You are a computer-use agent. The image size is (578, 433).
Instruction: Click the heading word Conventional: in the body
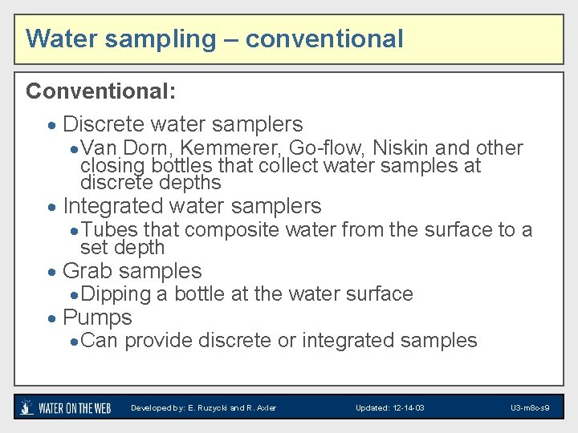[x=100, y=91]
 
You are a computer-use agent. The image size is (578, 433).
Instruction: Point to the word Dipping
[x=116, y=294]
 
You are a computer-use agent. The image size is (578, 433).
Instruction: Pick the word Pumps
[x=97, y=318]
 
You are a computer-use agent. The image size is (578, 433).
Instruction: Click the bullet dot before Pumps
[x=52, y=319]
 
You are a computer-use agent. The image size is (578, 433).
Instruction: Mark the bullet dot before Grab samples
[x=52, y=273]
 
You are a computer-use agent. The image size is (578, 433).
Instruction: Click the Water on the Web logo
[x=65, y=407]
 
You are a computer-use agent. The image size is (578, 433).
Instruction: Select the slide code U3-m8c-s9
[x=530, y=408]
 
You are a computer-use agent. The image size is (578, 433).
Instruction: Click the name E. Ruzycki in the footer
[x=210, y=408]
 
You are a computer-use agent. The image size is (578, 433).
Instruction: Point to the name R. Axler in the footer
[x=262, y=408]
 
